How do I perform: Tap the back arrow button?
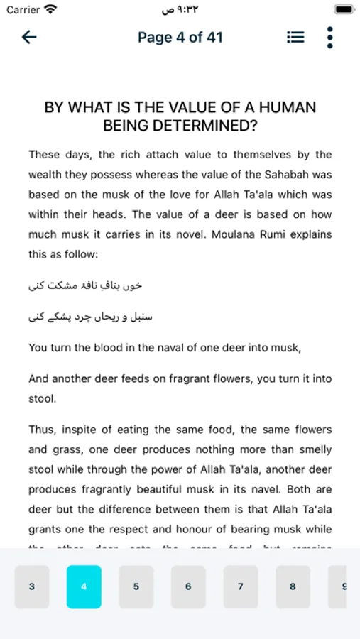29,38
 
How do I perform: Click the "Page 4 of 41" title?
180,38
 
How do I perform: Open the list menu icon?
295,38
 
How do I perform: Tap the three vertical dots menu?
329,38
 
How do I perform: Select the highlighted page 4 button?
84,586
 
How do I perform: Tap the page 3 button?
32,586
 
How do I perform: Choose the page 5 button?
136,586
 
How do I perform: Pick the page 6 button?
188,586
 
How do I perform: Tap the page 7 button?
241,586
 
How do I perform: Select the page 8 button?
293,586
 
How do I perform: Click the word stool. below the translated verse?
42,399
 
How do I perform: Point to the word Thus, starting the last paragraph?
45,430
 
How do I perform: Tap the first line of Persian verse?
85,285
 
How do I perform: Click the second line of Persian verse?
90,317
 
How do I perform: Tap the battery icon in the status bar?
344,10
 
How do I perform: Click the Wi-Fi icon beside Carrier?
50,10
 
